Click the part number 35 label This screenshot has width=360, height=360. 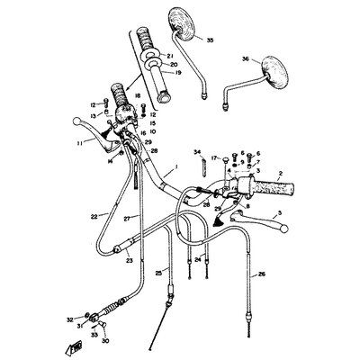[x=210, y=40]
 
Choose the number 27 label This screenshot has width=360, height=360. [x=128, y=219]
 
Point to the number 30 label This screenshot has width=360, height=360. [x=105, y=340]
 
